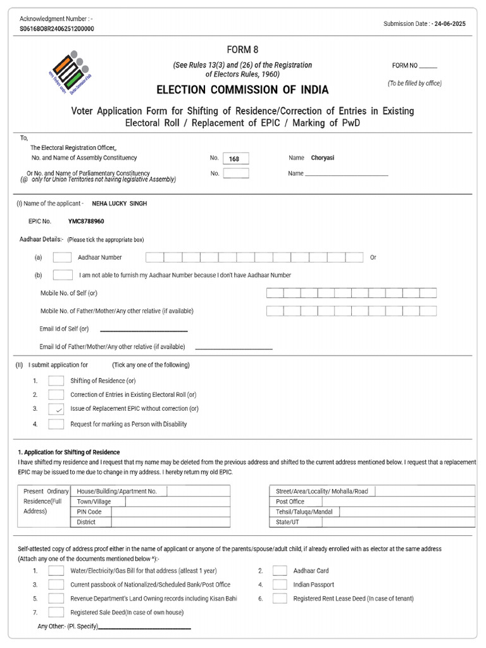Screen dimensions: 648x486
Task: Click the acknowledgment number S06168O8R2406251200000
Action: click(57, 29)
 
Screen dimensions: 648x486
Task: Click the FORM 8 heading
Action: click(243, 50)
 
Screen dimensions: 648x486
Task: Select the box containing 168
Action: click(235, 159)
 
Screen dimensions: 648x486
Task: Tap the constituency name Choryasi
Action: click(322, 158)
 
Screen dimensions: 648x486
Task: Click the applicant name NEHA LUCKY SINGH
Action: click(120, 203)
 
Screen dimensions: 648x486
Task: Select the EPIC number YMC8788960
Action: click(86, 222)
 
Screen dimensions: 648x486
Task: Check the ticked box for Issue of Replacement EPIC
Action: click(56, 409)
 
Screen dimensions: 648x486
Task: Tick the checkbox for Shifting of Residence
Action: click(56, 381)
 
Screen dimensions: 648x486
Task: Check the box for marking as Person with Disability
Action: click(56, 424)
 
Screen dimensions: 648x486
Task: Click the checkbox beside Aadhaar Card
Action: click(280, 571)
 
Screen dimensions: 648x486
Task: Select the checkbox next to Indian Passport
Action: click(280, 585)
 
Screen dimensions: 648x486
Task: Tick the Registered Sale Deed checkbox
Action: click(56, 613)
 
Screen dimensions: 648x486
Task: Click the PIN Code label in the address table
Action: click(89, 512)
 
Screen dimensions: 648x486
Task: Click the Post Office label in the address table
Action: click(290, 502)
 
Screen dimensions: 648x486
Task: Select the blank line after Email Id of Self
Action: click(144, 330)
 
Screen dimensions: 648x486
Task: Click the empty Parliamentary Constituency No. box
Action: click(235, 173)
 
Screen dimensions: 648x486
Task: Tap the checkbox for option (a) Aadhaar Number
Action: click(62, 258)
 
